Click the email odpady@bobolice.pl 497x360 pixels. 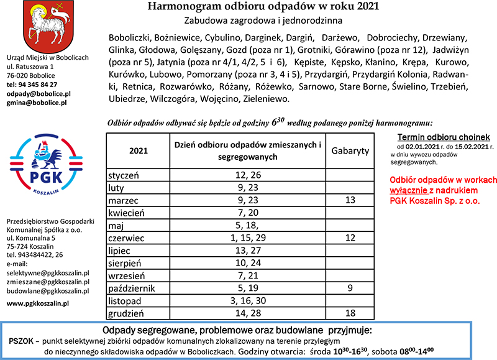(39, 93)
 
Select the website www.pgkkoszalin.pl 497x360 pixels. (37, 302)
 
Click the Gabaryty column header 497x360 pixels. (350, 151)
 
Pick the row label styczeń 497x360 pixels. (125, 175)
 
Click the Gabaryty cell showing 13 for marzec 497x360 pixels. (350, 201)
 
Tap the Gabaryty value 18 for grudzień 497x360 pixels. (350, 313)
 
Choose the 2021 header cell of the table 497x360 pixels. (139, 151)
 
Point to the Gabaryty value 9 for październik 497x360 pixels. (350, 288)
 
